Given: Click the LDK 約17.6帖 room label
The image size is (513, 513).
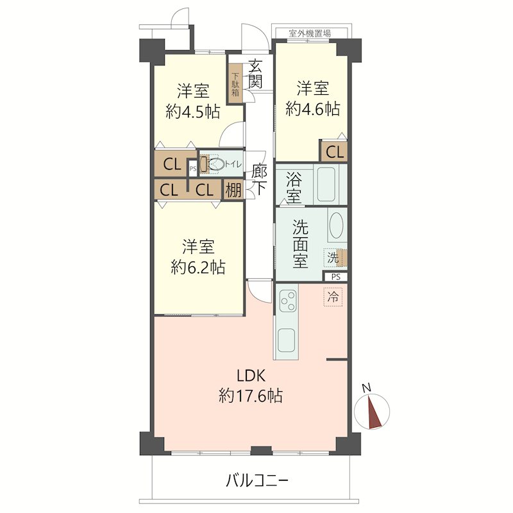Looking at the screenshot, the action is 251,386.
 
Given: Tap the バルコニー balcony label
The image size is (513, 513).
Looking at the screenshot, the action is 257,481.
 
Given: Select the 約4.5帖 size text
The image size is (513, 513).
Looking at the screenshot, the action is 193,112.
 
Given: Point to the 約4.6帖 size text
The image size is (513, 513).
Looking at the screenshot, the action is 313,108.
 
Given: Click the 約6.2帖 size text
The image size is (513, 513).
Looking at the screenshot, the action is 198,267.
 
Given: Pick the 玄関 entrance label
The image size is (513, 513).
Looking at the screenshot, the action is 255,74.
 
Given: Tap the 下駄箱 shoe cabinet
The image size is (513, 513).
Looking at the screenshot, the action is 235,84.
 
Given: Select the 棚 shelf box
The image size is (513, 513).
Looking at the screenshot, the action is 233,189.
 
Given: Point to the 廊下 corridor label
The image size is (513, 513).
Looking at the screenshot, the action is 260,180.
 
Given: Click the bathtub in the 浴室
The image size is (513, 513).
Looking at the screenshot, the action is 326,184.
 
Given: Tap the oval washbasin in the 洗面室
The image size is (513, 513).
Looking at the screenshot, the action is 336,226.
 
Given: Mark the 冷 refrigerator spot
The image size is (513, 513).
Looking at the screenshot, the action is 333,297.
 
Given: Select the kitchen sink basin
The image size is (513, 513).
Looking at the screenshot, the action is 287,341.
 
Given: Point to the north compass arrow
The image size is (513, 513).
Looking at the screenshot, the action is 374,412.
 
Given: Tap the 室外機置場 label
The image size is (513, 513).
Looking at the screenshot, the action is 310,33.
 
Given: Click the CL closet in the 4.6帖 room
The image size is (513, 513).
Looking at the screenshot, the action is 334,151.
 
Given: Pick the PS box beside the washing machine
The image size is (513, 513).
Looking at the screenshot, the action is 335,277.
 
